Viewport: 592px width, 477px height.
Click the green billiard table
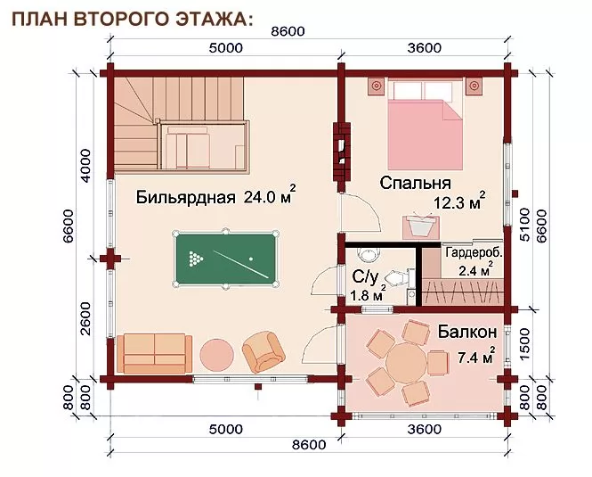[225, 259]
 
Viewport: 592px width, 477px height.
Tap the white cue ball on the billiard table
[251, 259]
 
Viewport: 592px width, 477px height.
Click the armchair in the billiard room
[264, 352]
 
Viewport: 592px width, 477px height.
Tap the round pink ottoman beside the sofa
[216, 355]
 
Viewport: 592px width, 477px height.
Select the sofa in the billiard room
[154, 354]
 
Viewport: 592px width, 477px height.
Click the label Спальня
[415, 183]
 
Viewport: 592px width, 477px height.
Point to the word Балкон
[467, 332]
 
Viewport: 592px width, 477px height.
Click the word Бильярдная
[185, 197]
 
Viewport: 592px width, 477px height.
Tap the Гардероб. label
[474, 252]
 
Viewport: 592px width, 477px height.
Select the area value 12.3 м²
[458, 202]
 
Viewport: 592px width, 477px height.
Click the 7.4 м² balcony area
[476, 356]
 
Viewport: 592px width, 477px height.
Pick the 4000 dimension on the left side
[86, 165]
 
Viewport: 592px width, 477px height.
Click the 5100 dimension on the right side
[525, 225]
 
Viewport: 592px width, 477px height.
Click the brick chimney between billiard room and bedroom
[341, 152]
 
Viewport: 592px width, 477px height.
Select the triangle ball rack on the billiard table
[196, 258]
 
